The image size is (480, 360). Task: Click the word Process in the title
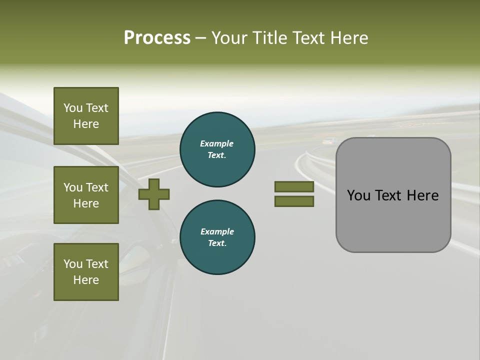[x=157, y=38]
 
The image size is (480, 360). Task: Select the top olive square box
[x=86, y=116]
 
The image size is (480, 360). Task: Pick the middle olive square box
[x=86, y=195]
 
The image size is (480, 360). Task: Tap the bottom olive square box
[x=86, y=272]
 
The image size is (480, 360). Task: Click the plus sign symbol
[x=154, y=194]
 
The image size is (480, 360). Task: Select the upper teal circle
[x=217, y=149]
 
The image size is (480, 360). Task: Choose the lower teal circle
[x=217, y=237]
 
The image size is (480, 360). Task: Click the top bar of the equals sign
[x=294, y=187]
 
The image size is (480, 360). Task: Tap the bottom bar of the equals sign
[x=294, y=201]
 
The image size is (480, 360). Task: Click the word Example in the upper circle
[x=217, y=143]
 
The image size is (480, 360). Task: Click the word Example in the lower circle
[x=217, y=231]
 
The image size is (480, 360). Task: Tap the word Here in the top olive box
[x=86, y=124]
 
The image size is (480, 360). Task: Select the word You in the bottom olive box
[x=73, y=264]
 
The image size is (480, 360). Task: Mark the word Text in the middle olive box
[x=96, y=187]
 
